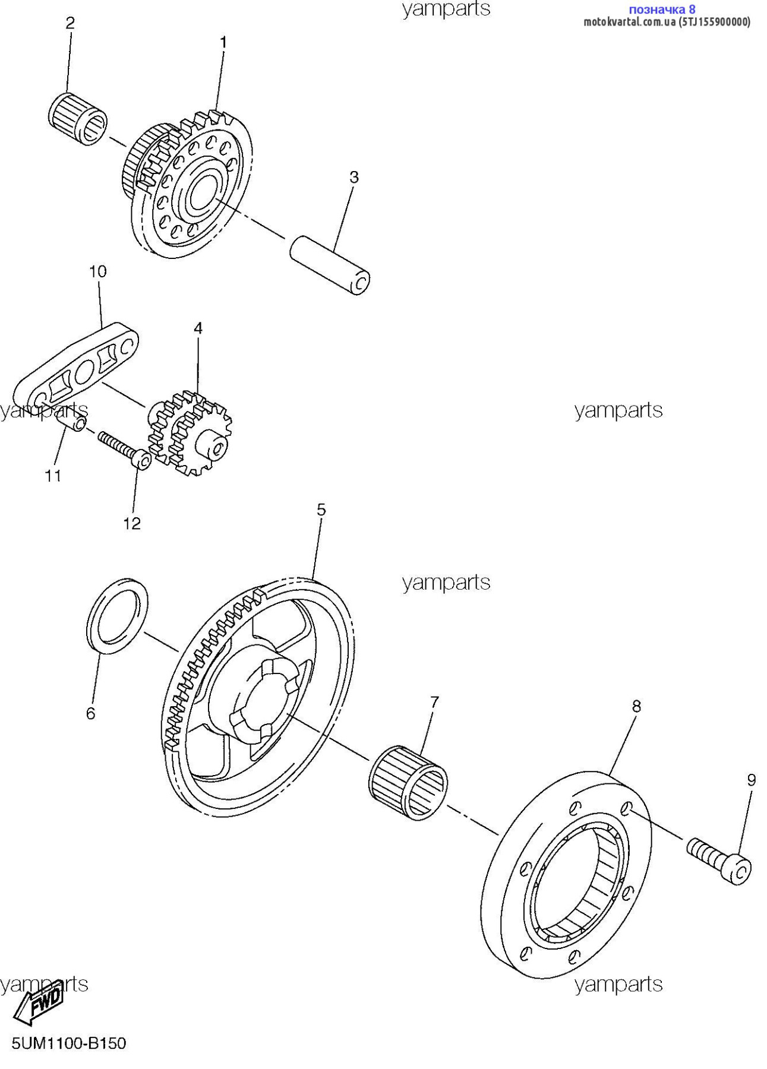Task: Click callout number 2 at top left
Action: (70, 24)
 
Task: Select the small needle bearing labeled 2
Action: (77, 118)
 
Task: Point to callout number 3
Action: (354, 177)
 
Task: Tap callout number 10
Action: (98, 271)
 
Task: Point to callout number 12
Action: (132, 523)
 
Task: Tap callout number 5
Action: (321, 510)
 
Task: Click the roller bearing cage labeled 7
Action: (408, 783)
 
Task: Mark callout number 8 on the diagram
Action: (636, 706)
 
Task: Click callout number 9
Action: (752, 780)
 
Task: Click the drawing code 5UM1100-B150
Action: (69, 1043)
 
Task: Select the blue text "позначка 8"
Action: (662, 10)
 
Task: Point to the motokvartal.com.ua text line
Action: (667, 22)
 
